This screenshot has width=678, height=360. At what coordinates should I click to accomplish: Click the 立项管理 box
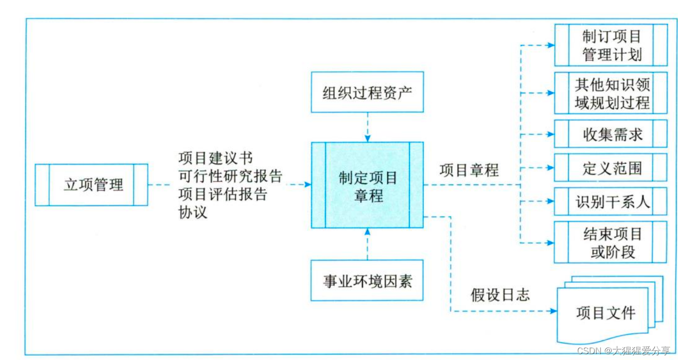click(x=91, y=185)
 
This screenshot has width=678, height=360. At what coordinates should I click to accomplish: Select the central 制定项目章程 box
click(x=367, y=185)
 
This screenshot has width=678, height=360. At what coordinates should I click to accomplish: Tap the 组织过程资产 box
click(x=367, y=92)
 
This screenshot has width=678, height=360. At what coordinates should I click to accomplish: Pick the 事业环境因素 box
click(x=367, y=280)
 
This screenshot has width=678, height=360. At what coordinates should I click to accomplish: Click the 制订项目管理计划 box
click(x=611, y=45)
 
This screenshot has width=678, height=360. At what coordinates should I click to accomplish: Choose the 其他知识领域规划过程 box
click(x=611, y=93)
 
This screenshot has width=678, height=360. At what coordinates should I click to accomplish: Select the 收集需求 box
click(x=611, y=134)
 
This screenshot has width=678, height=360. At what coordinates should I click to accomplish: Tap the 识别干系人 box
click(x=611, y=201)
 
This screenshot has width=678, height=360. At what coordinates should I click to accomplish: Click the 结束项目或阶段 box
click(x=611, y=242)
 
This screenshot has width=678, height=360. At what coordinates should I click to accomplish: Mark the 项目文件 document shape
click(x=606, y=313)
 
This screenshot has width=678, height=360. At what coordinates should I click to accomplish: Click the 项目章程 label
click(x=469, y=170)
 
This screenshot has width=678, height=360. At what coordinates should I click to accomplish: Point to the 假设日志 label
click(x=500, y=295)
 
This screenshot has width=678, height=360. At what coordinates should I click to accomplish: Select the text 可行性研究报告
click(x=230, y=176)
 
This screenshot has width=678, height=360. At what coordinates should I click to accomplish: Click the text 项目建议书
click(x=215, y=159)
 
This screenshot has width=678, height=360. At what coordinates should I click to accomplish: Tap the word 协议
click(x=193, y=212)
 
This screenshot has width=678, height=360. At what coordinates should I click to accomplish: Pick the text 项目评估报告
click(x=223, y=194)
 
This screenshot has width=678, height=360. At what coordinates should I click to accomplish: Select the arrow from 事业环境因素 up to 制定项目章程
click(x=367, y=244)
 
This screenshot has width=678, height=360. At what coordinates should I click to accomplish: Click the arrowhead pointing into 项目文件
click(x=553, y=311)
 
